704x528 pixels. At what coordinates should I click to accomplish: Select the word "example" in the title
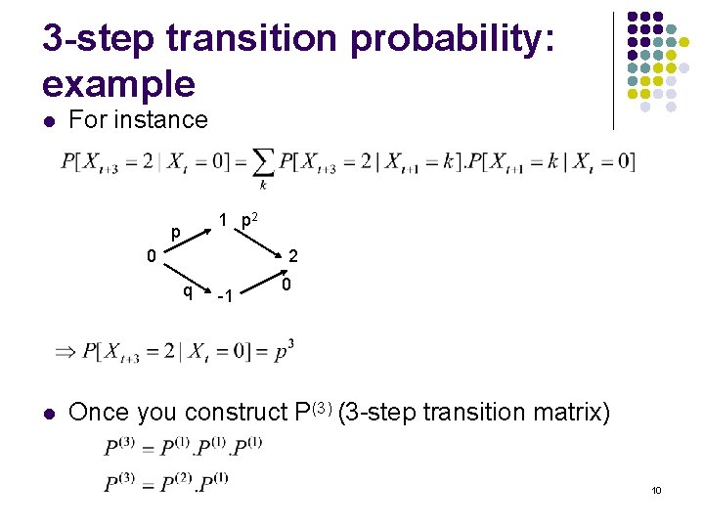(118, 84)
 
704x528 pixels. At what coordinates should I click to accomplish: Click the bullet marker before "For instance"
(48, 121)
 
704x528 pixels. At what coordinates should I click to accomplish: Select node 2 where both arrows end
(293, 256)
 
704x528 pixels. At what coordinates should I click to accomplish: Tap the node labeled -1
(224, 295)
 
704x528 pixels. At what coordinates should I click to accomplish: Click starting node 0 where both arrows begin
(152, 256)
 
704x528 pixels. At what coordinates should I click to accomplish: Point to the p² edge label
(250, 222)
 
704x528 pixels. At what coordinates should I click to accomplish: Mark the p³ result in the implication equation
(284, 351)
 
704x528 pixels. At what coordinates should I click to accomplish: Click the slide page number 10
(656, 489)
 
